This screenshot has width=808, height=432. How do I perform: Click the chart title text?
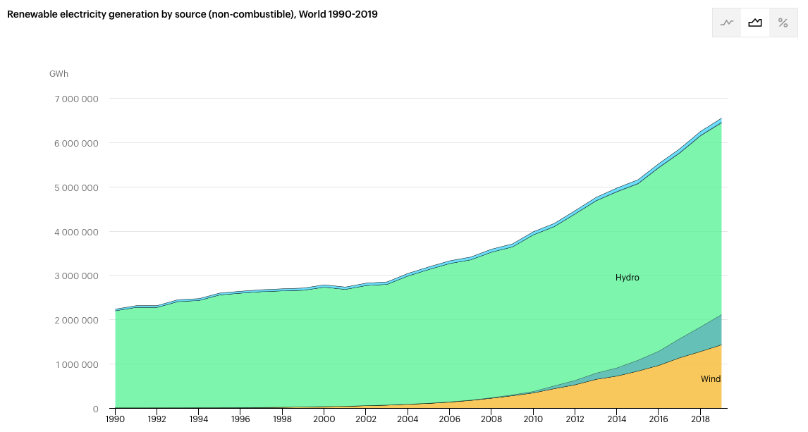pos(192,14)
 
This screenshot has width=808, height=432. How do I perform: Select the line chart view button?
pos(727,23)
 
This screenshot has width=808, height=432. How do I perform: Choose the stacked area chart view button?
pos(755,23)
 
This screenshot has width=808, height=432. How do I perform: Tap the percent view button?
pos(783,23)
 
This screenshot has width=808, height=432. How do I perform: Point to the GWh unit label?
pos(59,74)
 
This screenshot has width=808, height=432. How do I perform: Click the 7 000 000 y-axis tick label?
pos(76,99)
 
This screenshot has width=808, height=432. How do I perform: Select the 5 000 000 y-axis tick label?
pos(76,187)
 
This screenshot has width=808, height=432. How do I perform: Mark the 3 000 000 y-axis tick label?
pos(76,276)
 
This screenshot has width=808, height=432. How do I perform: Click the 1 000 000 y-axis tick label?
pos(76,365)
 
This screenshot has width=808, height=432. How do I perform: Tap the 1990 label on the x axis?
pos(115,419)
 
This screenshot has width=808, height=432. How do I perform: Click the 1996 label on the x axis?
pos(240,419)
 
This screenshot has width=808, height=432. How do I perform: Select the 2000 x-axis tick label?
pos(324,419)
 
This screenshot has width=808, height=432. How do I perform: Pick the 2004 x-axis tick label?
pos(408,419)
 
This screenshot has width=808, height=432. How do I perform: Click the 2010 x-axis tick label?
pos(533,419)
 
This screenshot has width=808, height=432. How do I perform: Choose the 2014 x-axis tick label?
pos(616,419)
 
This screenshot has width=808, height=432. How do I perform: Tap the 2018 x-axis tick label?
pos(700,419)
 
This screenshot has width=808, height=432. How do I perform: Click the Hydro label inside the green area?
pos(627,278)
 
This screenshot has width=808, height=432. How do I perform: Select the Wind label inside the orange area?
pos(710,379)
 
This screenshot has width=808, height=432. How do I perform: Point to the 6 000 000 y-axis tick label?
pos(76,143)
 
